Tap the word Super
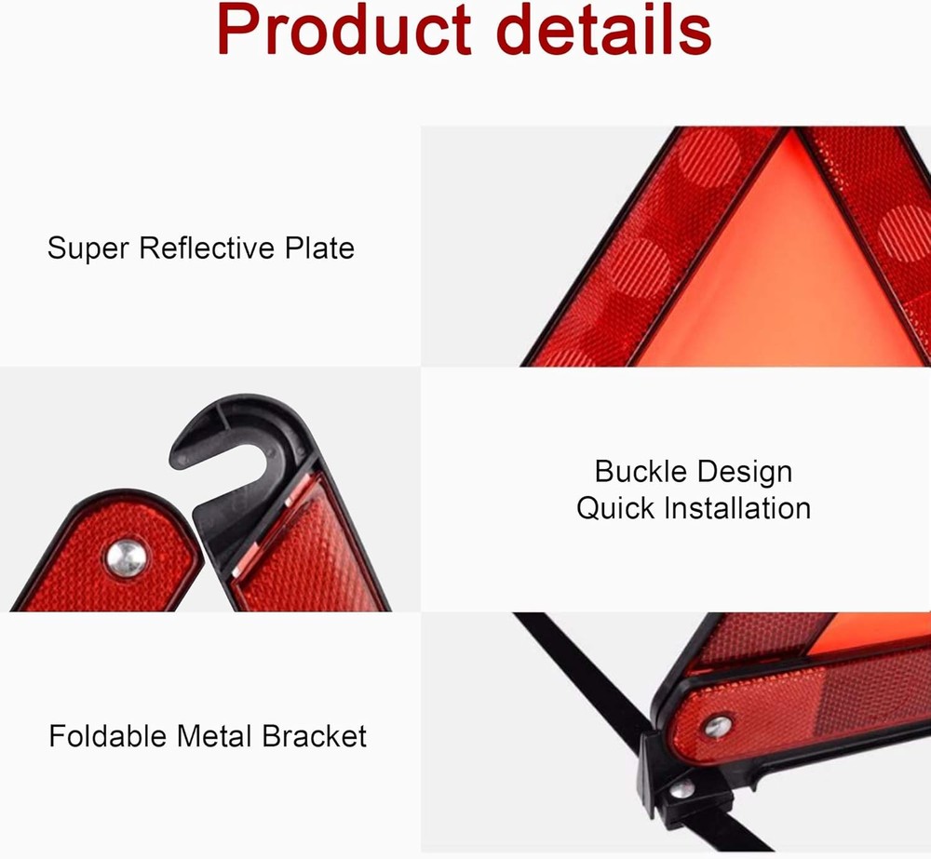[89, 248]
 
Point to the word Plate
[319, 248]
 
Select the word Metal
[217, 737]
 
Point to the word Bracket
[314, 737]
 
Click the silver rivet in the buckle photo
[126, 557]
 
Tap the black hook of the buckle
[223, 437]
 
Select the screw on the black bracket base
[684, 789]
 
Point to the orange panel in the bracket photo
[884, 633]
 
